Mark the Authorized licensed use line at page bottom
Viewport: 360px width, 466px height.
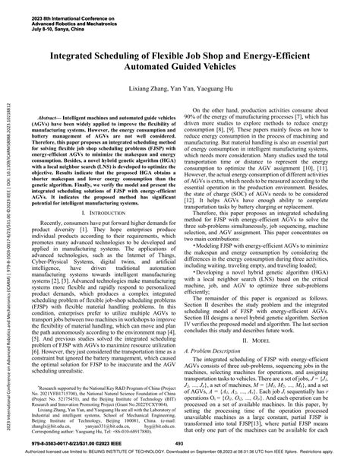pos(180,458)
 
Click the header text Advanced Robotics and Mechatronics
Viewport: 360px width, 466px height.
pos(57,18)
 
